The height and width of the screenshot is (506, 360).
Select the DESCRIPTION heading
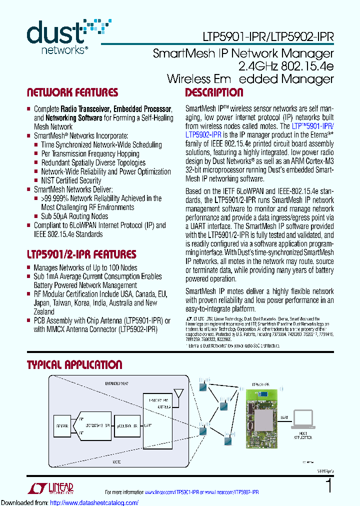(x=214, y=92)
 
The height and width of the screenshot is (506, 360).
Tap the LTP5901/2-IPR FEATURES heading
(x=81, y=254)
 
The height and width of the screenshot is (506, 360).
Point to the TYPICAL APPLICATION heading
(x=74, y=365)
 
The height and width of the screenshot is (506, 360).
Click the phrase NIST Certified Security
(x=71, y=180)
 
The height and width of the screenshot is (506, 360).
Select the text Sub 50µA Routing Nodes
(x=74, y=216)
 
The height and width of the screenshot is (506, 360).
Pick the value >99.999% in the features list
(x=56, y=198)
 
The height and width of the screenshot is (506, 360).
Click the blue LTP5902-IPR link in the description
(x=203, y=135)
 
